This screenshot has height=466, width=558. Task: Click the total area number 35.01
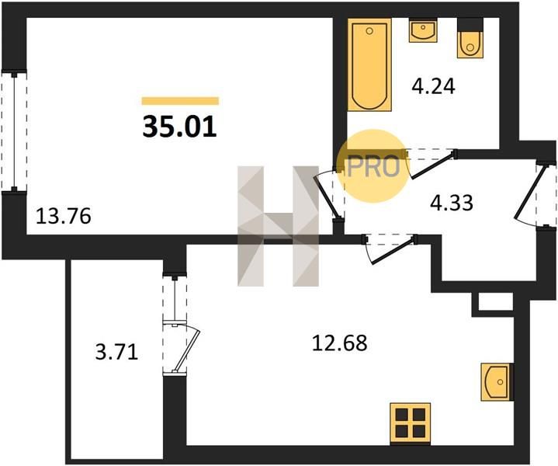point(180,127)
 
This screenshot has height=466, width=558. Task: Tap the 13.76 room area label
point(64,216)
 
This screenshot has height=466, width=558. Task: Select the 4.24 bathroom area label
point(433,86)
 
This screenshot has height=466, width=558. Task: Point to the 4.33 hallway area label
point(452,203)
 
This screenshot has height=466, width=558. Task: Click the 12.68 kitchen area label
point(339,343)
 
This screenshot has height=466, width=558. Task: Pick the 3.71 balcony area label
point(116,353)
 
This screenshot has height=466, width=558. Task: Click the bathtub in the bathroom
point(369,64)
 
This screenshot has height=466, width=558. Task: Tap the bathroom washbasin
point(423,30)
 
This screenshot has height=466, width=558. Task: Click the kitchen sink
point(497,382)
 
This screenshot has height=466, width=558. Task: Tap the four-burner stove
point(411,423)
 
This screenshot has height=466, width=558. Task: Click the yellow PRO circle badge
point(373,166)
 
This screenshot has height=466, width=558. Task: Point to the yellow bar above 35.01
point(180,101)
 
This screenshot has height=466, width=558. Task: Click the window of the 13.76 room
point(14,131)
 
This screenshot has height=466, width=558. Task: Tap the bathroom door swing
point(431,163)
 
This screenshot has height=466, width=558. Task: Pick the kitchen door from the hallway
point(390,249)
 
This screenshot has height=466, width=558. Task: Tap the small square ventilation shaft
point(495,302)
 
